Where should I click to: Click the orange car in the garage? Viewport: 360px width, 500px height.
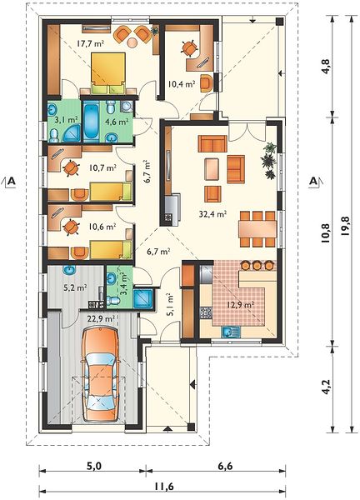pyautogui.click(x=100, y=376)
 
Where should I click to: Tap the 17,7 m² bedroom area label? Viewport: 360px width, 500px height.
pyautogui.click(x=90, y=43)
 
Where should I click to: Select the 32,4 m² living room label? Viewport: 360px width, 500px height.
pyautogui.click(x=212, y=214)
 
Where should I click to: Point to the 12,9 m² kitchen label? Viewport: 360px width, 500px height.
pyautogui.click(x=241, y=304)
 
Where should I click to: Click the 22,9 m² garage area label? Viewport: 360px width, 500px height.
pyautogui.click(x=101, y=318)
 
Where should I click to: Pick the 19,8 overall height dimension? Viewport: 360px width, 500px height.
pyautogui.click(x=344, y=226)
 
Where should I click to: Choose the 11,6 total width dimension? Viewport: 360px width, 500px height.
pyautogui.click(x=164, y=487)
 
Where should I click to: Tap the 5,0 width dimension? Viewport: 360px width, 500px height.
pyautogui.click(x=93, y=466)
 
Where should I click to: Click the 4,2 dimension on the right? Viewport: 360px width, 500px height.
pyautogui.click(x=326, y=387)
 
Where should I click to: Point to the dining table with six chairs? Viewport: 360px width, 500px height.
pyautogui.click(x=257, y=229)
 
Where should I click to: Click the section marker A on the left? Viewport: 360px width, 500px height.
pyautogui.click(x=11, y=181)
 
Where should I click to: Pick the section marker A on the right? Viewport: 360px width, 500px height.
pyautogui.click(x=314, y=181)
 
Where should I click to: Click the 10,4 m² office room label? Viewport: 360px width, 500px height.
pyautogui.click(x=182, y=84)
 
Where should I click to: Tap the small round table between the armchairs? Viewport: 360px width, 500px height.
pyautogui.click(x=132, y=42)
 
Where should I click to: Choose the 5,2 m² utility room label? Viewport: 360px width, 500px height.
pyautogui.click(x=75, y=288)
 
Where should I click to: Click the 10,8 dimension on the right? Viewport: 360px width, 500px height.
pyautogui.click(x=326, y=233)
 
